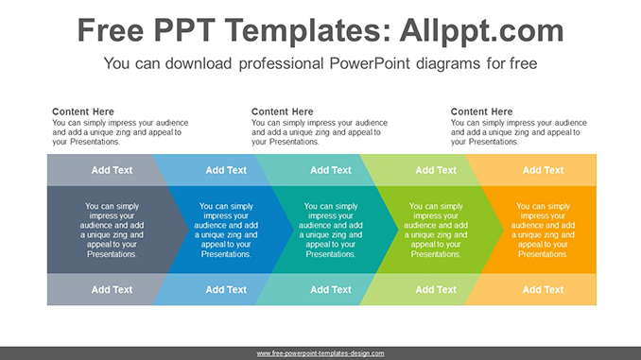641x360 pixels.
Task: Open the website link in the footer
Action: pyautogui.click(x=320, y=352)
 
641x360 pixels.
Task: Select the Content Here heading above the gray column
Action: pyautogui.click(x=83, y=111)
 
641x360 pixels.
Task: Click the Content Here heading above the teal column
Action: pyautogui.click(x=283, y=111)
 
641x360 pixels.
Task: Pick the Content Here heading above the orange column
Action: pyautogui.click(x=482, y=111)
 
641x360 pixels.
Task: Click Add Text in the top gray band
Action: pyautogui.click(x=113, y=170)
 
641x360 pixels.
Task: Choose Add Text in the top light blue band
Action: pyautogui.click(x=226, y=170)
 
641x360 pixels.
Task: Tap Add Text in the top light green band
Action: pyautogui.click(x=436, y=170)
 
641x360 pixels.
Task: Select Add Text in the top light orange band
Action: pyautogui.click(x=544, y=170)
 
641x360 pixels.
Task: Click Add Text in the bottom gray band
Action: pyautogui.click(x=113, y=289)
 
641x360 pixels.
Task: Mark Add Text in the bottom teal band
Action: pyautogui.click(x=331, y=289)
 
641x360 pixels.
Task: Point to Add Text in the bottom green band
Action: pyautogui.click(x=436, y=289)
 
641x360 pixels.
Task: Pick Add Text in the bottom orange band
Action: pyautogui.click(x=544, y=289)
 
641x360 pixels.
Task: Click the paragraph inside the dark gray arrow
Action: pyautogui.click(x=113, y=230)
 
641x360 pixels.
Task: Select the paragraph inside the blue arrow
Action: pyautogui.click(x=226, y=230)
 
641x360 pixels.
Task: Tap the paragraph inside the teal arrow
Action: pyautogui.click(x=331, y=230)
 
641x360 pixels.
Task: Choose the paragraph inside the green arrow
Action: pyautogui.click(x=436, y=230)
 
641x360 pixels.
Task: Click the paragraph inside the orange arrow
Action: pyautogui.click(x=544, y=230)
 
